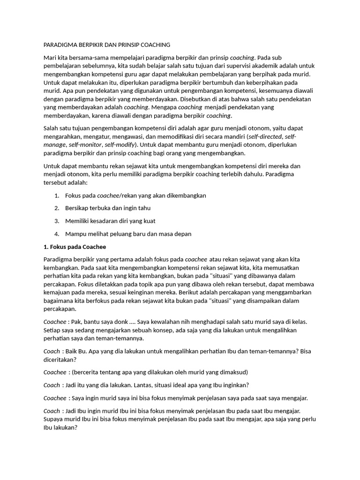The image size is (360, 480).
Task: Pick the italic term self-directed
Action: click(x=265, y=136)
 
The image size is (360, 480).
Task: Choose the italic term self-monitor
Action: click(x=86, y=145)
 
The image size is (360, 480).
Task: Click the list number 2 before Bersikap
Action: click(x=56, y=208)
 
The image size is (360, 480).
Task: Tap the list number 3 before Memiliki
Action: click(x=56, y=221)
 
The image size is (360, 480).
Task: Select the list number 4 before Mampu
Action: click(x=56, y=234)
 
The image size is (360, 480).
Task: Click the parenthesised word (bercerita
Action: click(x=85, y=372)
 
